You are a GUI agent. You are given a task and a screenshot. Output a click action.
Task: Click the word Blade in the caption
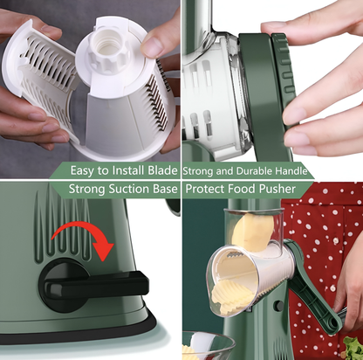click(162, 170)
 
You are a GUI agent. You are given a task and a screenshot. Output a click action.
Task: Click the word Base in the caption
click(165, 189)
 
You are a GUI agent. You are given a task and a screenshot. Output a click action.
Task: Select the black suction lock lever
click(93, 285)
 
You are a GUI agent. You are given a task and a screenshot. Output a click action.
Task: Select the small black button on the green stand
click(279, 305)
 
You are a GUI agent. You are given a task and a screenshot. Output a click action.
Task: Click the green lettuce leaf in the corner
click(353, 348)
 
